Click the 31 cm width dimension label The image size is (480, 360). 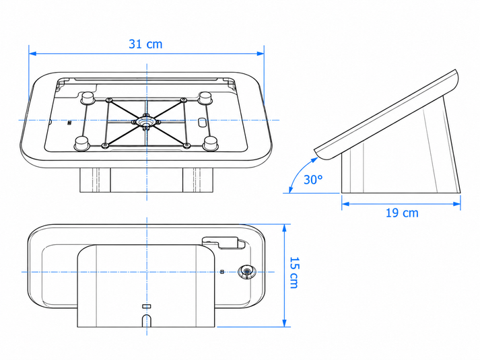[x=145, y=44]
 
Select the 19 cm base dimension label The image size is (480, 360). [x=402, y=213]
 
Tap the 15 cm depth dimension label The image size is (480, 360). [x=294, y=273]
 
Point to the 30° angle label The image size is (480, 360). [x=313, y=180]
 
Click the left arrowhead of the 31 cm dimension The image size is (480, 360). [x=32, y=54]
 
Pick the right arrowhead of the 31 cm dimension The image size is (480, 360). [x=261, y=54]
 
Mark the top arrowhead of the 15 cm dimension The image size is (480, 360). [x=284, y=228]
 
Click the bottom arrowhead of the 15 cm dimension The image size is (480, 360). [x=284, y=323]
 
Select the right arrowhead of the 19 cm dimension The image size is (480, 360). [x=456, y=204]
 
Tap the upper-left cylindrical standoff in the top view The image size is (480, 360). [x=88, y=98]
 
